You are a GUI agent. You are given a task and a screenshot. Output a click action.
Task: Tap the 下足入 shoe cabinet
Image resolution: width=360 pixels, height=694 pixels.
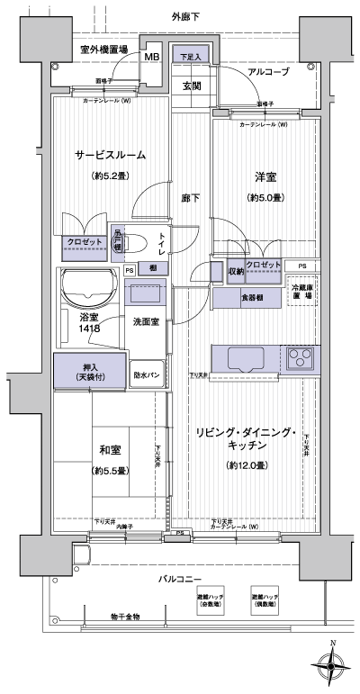click(189, 57)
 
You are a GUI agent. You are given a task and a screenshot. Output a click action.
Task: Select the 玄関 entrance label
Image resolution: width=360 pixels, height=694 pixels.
click(191, 86)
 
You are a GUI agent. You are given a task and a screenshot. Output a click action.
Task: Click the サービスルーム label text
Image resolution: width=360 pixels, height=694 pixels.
click(111, 155)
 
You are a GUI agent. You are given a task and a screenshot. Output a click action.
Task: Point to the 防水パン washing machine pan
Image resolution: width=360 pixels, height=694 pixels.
click(148, 374)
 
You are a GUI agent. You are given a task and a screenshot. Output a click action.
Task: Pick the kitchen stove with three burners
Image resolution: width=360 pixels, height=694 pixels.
click(301, 359)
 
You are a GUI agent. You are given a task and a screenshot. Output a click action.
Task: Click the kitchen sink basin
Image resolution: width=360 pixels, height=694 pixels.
click(247, 359)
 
